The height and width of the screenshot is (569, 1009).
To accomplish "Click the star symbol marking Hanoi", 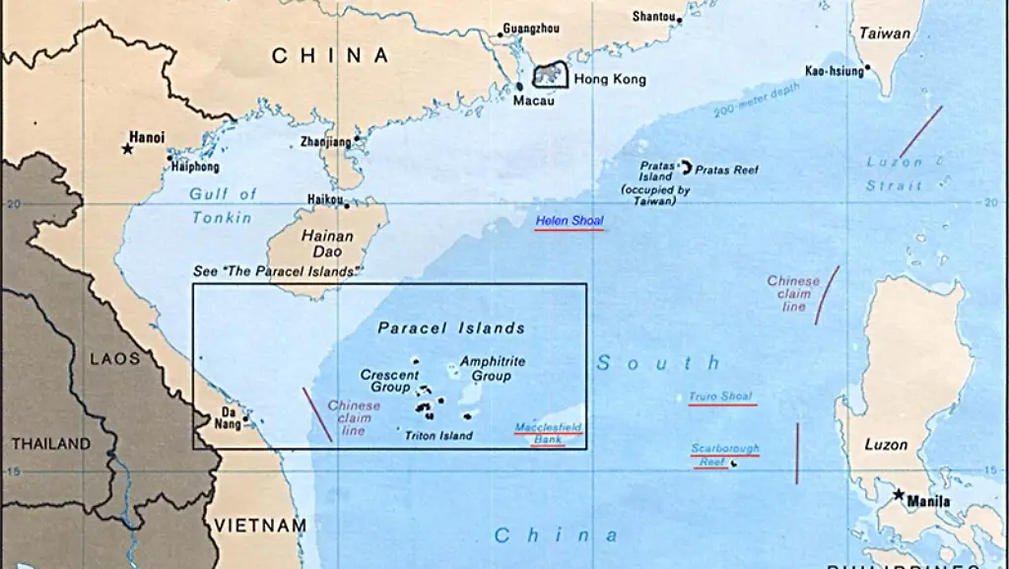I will (x=127, y=149).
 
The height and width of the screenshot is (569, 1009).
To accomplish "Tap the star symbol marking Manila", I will (x=899, y=494).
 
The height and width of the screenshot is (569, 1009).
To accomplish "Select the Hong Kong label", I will (x=610, y=80).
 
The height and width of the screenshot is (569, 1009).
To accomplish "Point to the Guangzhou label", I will (x=531, y=29).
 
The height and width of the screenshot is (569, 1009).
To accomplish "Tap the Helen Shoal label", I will (x=569, y=221).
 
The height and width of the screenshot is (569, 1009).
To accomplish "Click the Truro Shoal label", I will (x=721, y=396).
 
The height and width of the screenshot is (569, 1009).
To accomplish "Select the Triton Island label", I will (x=438, y=435).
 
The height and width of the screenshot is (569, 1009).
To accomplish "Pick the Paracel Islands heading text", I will (x=451, y=328).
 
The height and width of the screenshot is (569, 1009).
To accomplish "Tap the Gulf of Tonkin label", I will (x=223, y=205).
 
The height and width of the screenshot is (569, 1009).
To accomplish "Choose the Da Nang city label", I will (x=230, y=418).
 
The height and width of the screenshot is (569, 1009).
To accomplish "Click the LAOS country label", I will (x=115, y=359).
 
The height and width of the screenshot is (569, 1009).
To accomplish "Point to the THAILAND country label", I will (x=50, y=445).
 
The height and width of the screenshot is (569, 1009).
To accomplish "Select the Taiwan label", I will (x=884, y=34).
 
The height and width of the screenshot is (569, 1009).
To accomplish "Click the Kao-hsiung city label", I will (x=834, y=70).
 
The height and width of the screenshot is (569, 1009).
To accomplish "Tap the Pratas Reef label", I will (x=727, y=171).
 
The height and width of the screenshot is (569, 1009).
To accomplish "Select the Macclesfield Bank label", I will (x=549, y=433).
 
